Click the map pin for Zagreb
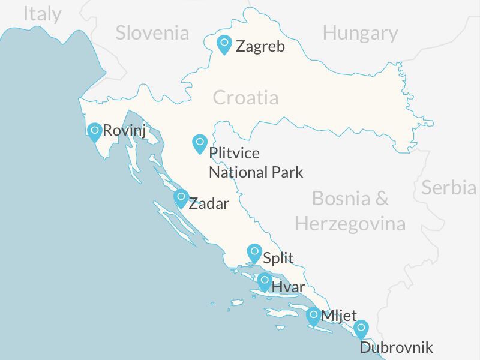tap(224, 44)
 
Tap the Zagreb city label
tap(260, 46)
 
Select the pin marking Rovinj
tap(94, 131)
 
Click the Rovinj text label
tap(125, 131)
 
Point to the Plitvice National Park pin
tap(200, 143)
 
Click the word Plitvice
tap(234, 154)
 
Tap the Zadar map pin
tap(181, 197)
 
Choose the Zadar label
tap(209, 203)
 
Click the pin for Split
tap(254, 253)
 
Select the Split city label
tap(278, 258)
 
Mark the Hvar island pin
tap(265, 281)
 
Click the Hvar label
tap(288, 287)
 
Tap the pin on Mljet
tap(313, 316)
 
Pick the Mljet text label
tap(339, 316)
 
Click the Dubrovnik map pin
tap(361, 329)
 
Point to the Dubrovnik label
tap(396, 347)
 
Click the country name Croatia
tap(245, 97)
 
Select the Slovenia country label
tap(152, 32)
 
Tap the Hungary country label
tap(360, 33)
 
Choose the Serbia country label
tap(448, 188)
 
